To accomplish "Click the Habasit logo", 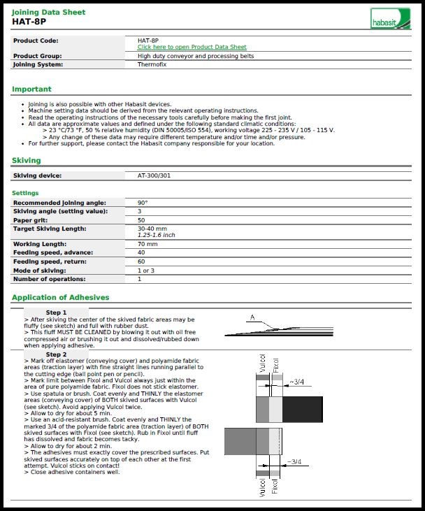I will (391, 18).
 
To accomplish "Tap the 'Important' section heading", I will (31, 89).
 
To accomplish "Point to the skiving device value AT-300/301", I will (154, 175).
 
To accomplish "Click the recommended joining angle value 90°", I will (143, 203).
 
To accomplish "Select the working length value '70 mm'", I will (147, 244).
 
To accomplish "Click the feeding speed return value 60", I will (141, 261).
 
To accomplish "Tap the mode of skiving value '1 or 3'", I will (146, 270).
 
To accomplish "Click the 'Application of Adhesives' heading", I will (60, 297).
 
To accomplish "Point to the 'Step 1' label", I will (56, 312).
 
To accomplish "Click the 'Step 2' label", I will (56, 354).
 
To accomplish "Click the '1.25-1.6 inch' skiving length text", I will (157, 236).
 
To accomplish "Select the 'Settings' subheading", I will (25, 193).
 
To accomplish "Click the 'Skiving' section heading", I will (26, 160).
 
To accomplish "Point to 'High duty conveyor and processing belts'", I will (196, 56).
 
